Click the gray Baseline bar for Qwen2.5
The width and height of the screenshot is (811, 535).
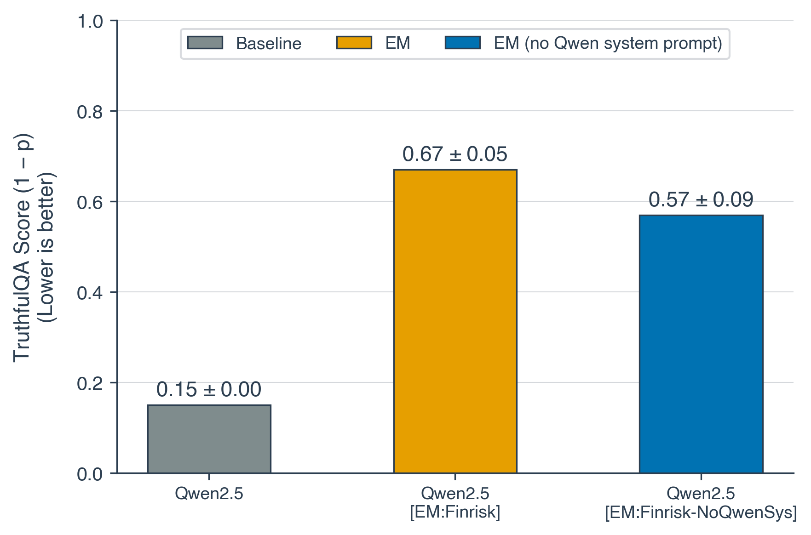coord(209,438)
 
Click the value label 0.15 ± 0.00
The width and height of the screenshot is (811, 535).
coord(209,390)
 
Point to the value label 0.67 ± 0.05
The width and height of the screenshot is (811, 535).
coord(455,154)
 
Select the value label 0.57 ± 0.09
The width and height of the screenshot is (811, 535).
coord(701,200)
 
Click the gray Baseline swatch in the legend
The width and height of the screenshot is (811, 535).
coord(205,43)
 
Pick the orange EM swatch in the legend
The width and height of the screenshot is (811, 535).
coord(354,43)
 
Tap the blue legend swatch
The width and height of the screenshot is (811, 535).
coord(462,43)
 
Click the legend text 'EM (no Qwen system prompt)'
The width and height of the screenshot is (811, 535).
coord(608,43)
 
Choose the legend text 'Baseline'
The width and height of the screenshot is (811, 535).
coord(269,44)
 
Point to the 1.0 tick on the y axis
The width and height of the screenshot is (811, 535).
coord(90,21)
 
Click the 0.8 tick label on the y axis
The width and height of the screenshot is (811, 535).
coord(90,112)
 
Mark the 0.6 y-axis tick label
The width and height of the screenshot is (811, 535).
coord(90,202)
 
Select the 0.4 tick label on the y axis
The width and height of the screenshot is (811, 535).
coord(90,293)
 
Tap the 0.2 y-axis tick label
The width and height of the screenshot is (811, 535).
coord(90,383)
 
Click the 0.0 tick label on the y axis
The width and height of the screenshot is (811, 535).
coord(90,474)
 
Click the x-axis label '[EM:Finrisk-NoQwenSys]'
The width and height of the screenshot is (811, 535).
coord(701,512)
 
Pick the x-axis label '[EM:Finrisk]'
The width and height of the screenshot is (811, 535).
coord(455,512)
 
